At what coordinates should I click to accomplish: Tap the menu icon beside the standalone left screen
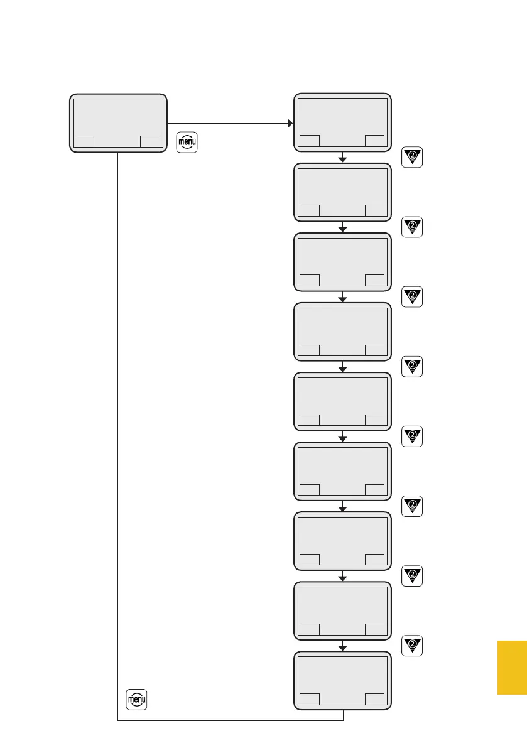pos(187,143)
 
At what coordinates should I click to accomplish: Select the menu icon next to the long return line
pos(136,700)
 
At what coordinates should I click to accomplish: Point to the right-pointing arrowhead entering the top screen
pos(290,123)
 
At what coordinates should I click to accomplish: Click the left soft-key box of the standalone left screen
pos(85,141)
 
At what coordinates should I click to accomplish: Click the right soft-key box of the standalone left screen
pos(151,141)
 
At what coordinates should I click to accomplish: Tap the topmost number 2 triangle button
pos(411,158)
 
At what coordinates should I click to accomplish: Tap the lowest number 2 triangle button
pos(411,646)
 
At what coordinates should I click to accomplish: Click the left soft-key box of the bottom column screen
pos(308,699)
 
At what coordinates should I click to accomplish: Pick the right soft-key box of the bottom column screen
pos(376,699)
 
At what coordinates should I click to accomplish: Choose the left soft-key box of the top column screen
pos(308,141)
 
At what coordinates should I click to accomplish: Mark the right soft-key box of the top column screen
pos(376,141)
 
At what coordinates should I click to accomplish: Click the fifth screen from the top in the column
pos(342,401)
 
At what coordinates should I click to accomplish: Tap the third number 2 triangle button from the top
pos(411,297)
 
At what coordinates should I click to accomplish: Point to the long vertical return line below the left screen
pos(118,440)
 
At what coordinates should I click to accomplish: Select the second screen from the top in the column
pos(342,192)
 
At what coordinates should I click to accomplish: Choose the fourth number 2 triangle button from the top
pos(411,367)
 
